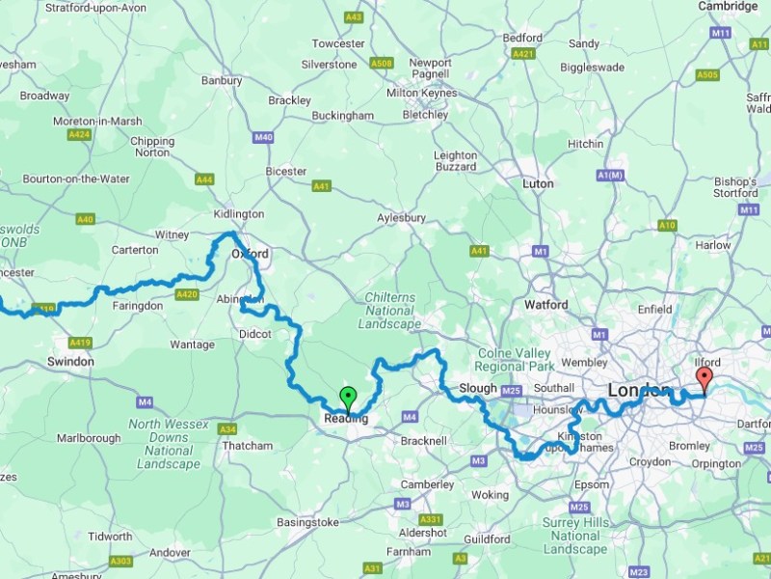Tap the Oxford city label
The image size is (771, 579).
tap(250, 254)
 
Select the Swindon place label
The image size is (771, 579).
tap(70, 361)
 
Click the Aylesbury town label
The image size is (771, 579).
tap(402, 218)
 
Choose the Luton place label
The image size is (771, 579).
tap(537, 183)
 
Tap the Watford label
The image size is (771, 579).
tap(545, 305)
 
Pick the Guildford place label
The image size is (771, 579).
tap(486, 538)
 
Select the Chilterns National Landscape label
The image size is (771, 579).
tap(390, 311)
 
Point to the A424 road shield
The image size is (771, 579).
tap(79, 134)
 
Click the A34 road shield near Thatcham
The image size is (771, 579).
tap(227, 428)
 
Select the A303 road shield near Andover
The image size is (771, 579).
tap(120, 561)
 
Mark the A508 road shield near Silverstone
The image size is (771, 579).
tap(383, 65)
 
